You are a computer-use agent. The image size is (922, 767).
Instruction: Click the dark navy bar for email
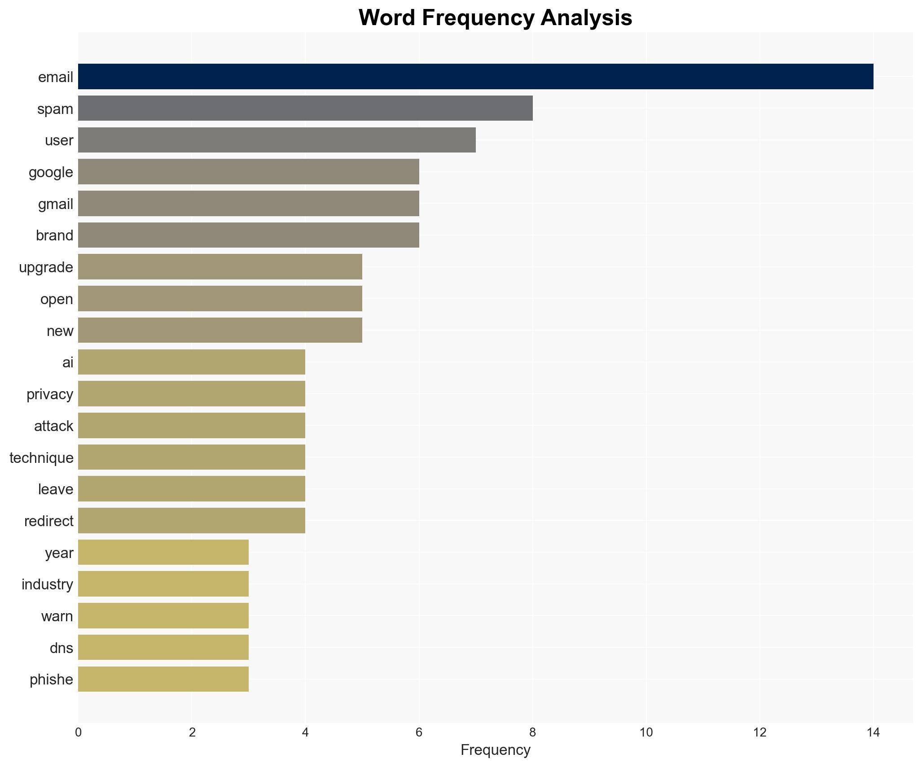pos(475,77)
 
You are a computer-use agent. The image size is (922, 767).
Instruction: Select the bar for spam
pos(305,108)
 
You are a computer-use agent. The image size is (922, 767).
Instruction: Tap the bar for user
pos(277,140)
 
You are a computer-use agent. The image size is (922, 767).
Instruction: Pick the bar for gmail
pos(248,204)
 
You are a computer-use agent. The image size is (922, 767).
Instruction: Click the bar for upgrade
pos(220,267)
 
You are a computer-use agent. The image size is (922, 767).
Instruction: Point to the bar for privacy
pos(192,394)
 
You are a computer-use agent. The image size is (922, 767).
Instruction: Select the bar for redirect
pos(192,521)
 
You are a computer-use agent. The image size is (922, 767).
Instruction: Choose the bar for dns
pos(163,647)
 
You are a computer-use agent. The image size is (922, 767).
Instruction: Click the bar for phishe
pos(163,679)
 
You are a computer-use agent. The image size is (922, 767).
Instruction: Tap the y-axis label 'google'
pos(51,172)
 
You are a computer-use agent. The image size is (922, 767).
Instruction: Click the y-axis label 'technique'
pos(41,458)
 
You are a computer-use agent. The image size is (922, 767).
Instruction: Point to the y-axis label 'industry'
pos(47,584)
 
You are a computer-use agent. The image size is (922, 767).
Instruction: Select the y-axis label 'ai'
pos(68,362)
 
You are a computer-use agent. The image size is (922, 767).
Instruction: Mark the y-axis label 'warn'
pos(57,616)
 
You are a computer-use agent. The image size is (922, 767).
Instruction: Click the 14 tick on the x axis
pos(873,732)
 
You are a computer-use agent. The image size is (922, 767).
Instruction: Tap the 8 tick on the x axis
pos(532,732)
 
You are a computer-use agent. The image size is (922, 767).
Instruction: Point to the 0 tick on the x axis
pos(79,732)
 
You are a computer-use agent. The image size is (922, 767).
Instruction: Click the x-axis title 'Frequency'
pos(495,750)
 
